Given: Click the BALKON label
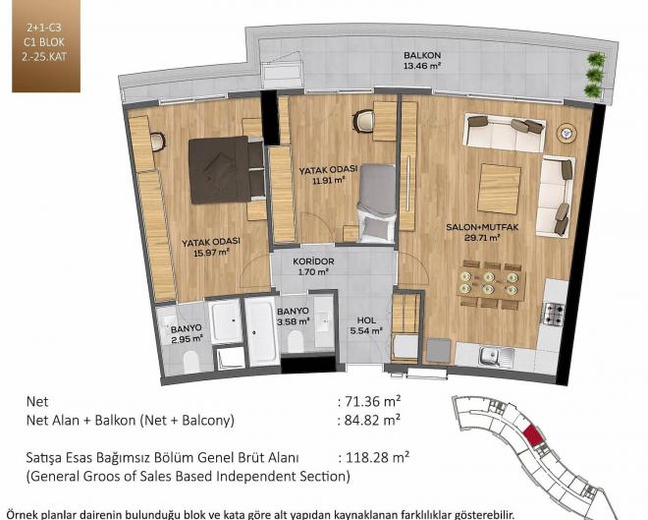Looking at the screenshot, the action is point(422,55).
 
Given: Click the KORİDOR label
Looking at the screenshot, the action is point(313,261).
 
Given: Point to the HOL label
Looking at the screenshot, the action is point(366,320).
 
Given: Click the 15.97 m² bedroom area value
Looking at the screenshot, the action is point(211,252).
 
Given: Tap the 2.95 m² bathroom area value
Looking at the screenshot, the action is point(186,339).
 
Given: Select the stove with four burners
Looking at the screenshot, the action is point(553,314).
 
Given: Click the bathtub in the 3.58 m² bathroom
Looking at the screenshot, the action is point(261,331).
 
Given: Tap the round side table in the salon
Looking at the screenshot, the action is point(567,134).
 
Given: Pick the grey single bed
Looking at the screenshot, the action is point(376,202).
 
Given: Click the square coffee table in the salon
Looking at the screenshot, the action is point(499,189).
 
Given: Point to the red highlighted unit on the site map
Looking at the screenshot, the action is point(534,435).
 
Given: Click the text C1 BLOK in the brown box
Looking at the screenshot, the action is point(44,42).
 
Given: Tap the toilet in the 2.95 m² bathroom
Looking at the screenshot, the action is point(191,361).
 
